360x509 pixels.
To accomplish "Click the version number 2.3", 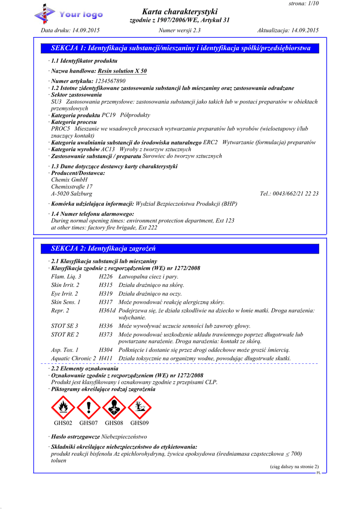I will click(196, 30).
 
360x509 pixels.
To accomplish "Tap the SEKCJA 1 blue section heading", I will click(181, 48).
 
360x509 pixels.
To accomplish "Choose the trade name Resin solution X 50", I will click(122, 71).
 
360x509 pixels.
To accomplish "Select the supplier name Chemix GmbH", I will click(69, 179).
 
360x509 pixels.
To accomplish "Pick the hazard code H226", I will click(106, 276).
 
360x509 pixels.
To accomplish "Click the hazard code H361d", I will click(107, 310).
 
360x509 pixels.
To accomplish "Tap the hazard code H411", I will click(106, 358).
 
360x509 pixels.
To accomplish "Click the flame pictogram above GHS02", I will click(63, 407).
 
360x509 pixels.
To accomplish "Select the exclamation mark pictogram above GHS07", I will click(89, 407).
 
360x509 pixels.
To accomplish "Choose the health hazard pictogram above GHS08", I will click(114, 407).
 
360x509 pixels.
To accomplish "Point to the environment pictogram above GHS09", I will click(140, 407).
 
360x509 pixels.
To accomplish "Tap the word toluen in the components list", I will click(59, 460).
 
